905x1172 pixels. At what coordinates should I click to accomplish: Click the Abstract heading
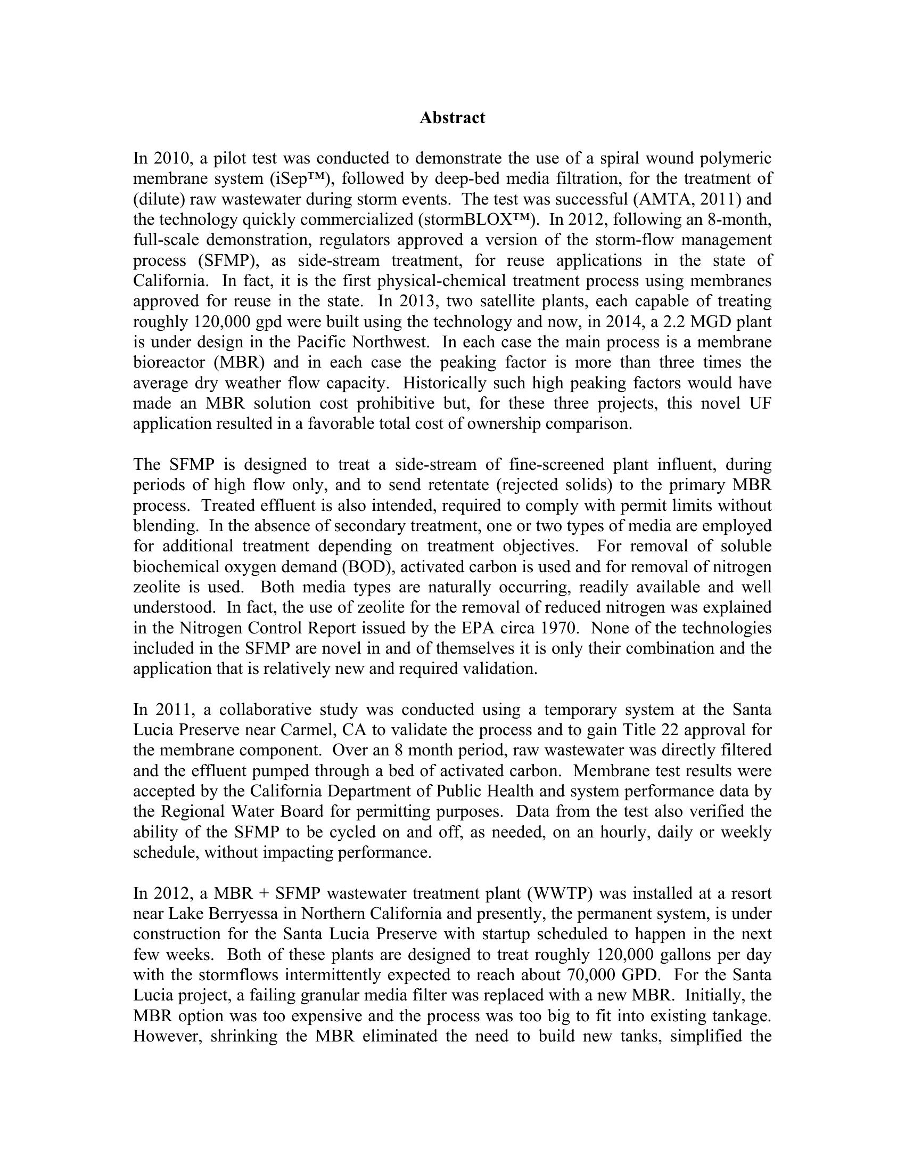[x=452, y=118]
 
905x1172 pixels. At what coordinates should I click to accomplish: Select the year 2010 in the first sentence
[x=170, y=159]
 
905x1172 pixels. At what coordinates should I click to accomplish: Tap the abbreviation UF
[x=760, y=404]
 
